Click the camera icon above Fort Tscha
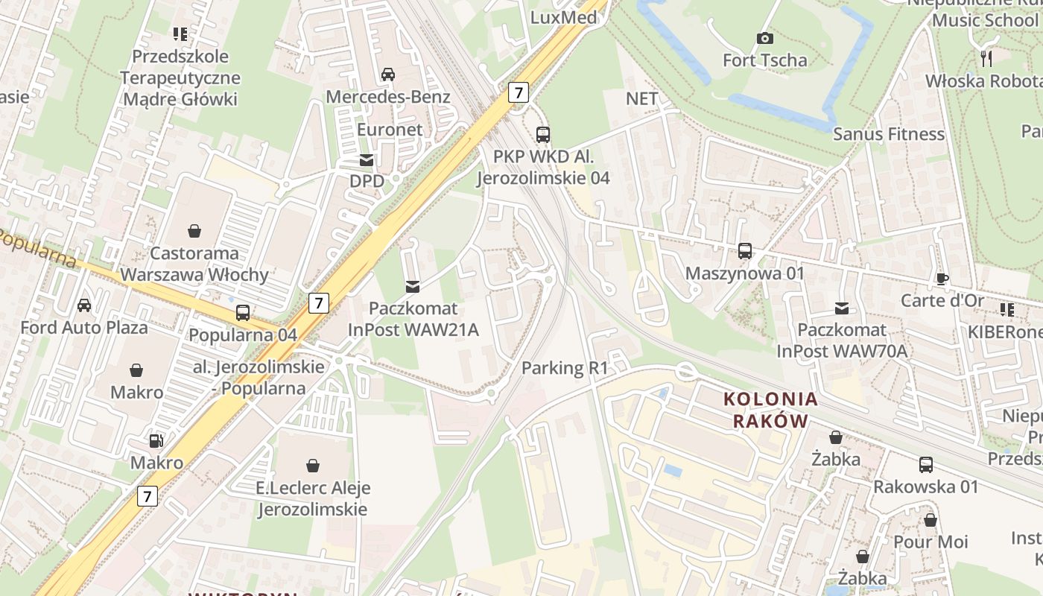tap(764, 38)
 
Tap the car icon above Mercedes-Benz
tap(387, 74)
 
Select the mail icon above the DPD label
tap(367, 159)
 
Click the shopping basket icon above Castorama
tap(194, 230)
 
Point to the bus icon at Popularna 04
tap(243, 313)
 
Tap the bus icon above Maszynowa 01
tap(744, 251)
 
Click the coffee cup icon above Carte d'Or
tap(942, 279)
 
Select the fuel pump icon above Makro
tap(156, 440)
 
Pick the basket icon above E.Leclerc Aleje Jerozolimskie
tap(313, 466)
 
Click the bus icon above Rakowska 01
tap(925, 465)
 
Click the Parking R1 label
tap(565, 367)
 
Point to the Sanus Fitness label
tap(888, 134)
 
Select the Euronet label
tap(390, 129)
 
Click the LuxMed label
tap(563, 17)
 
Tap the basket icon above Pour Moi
tap(930, 520)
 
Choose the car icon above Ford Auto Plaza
tap(84, 305)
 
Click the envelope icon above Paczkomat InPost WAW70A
tap(842, 308)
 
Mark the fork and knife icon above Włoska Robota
tap(987, 58)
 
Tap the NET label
tap(641, 98)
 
